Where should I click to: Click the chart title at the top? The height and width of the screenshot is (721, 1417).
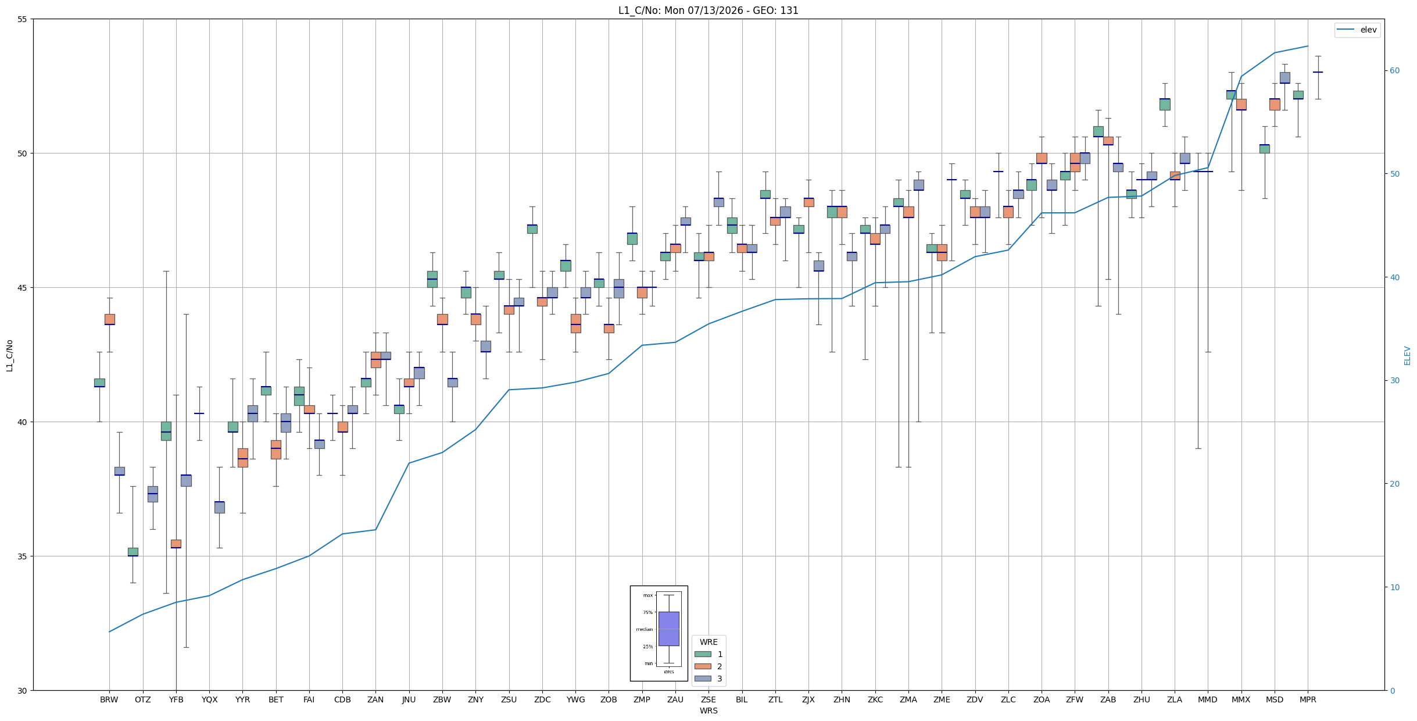point(708,10)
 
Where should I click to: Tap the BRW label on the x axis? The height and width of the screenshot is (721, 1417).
point(109,699)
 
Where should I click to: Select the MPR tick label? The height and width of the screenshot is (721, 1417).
point(1308,699)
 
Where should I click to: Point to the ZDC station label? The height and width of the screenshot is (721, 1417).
point(542,699)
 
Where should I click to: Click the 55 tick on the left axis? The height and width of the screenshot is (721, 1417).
point(23,19)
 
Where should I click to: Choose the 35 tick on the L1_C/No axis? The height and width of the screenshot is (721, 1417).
point(23,556)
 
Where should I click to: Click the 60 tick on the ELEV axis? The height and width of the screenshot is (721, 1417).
point(1394,71)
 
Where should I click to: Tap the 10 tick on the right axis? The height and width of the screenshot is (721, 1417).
point(1394,587)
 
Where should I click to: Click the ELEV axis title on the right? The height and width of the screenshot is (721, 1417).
point(1407,355)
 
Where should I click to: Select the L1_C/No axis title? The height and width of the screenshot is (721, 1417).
point(9,355)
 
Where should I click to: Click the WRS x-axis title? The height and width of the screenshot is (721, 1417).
point(708,711)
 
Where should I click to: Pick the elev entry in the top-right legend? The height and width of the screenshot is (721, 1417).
point(1357,30)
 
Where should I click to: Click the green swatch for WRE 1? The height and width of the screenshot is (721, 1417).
point(703,654)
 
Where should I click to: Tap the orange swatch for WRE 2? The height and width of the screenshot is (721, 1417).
point(703,666)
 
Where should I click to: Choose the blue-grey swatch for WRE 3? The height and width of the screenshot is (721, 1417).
point(703,679)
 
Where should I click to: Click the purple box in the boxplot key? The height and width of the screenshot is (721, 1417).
point(668,629)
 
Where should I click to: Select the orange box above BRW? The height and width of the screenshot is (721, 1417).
point(109,319)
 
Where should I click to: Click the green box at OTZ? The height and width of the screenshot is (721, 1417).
point(133,552)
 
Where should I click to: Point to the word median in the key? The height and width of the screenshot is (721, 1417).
point(644,629)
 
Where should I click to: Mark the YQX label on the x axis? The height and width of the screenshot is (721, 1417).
point(209,699)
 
